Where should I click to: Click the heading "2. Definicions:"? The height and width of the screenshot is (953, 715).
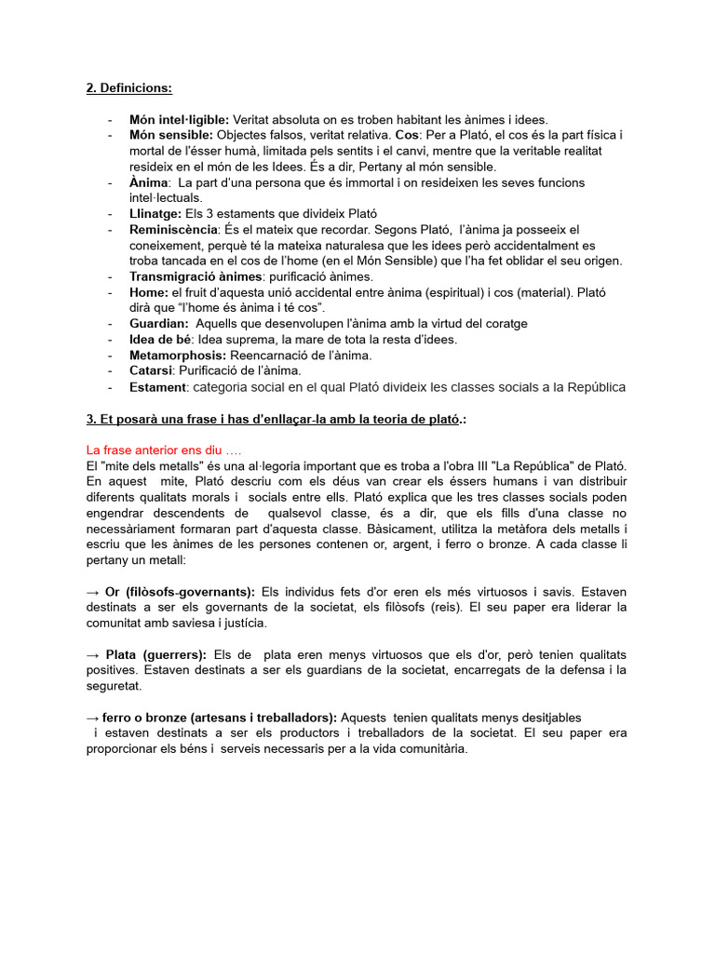click(128, 88)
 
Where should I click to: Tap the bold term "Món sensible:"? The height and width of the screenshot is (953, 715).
click(171, 135)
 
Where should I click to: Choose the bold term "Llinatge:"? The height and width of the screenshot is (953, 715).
click(155, 213)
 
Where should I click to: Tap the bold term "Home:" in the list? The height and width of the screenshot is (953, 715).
click(149, 292)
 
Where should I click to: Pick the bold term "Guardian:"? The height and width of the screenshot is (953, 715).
click(159, 323)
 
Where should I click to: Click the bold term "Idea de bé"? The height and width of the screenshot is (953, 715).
click(161, 339)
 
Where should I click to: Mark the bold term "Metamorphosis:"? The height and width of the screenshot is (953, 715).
click(177, 355)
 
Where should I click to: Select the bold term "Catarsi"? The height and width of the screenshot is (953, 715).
click(151, 370)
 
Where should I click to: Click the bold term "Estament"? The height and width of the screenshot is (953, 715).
click(158, 386)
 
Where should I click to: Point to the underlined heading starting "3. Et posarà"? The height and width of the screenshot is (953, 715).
click(276, 420)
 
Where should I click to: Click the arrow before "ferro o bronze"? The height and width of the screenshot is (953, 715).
click(92, 718)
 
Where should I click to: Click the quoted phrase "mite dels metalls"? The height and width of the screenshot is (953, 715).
click(153, 464)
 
